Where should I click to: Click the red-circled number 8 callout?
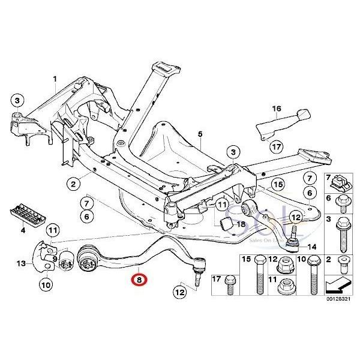tap(139, 279)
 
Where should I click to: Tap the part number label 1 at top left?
tap(54, 79)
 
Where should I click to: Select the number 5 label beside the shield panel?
tap(200, 133)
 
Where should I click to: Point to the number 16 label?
tap(277, 109)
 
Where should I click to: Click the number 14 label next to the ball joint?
tap(311, 247)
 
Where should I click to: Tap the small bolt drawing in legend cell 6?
tap(343, 205)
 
